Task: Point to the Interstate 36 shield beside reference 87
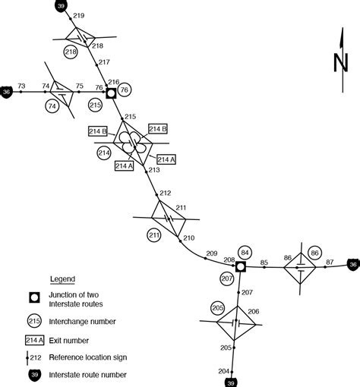click(x=352, y=265)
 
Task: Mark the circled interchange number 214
click(x=105, y=153)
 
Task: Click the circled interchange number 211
click(x=154, y=235)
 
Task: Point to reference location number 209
click(x=211, y=253)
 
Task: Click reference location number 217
click(x=104, y=62)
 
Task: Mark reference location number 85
click(x=264, y=263)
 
